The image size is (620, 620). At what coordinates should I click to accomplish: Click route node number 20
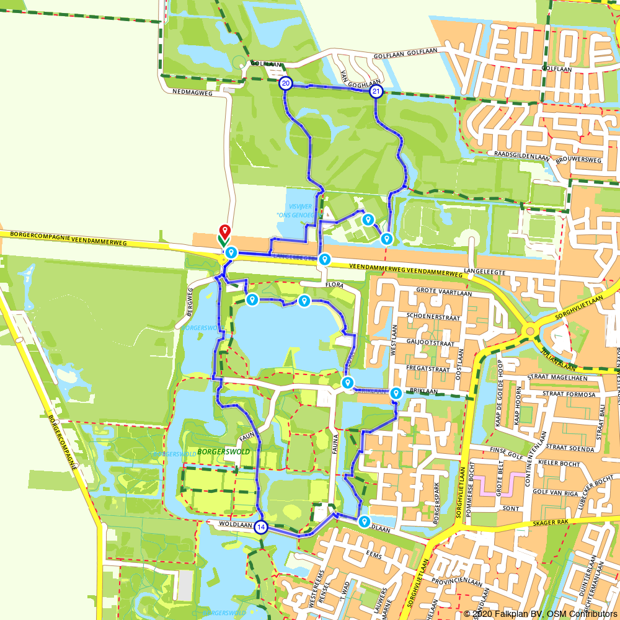point(285,83)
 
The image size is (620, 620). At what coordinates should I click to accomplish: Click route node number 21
point(376,92)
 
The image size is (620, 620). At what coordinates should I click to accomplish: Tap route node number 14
point(261,527)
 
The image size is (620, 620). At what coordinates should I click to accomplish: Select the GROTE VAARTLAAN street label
point(444,293)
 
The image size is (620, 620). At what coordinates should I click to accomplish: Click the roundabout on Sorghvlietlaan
point(529,332)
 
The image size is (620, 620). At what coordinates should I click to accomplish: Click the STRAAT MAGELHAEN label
point(556,376)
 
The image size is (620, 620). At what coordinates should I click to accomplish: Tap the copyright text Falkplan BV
point(503,614)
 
